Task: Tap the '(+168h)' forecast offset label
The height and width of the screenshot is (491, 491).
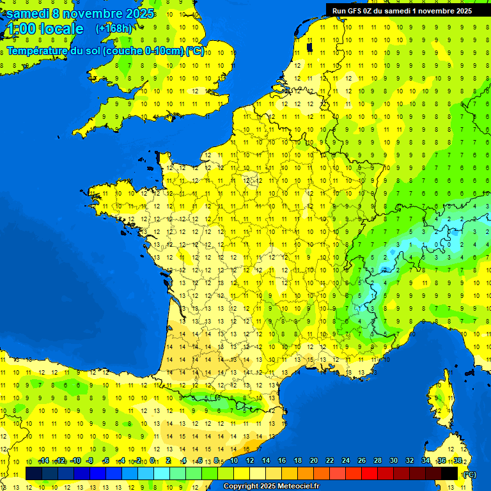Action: [x=113, y=29]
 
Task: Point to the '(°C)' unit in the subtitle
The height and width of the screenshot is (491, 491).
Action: [x=195, y=51]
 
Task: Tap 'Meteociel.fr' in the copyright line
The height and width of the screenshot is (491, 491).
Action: [x=294, y=487]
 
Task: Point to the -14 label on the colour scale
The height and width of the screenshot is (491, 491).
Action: [x=43, y=461]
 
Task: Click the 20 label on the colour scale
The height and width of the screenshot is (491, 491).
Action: [x=313, y=461]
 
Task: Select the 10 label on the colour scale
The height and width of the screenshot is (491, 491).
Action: [x=233, y=461]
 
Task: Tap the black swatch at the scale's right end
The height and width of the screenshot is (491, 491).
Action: [x=449, y=473]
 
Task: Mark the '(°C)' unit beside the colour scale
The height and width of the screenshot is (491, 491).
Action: [x=469, y=474]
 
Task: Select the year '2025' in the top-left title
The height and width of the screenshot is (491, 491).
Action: [x=140, y=13]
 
